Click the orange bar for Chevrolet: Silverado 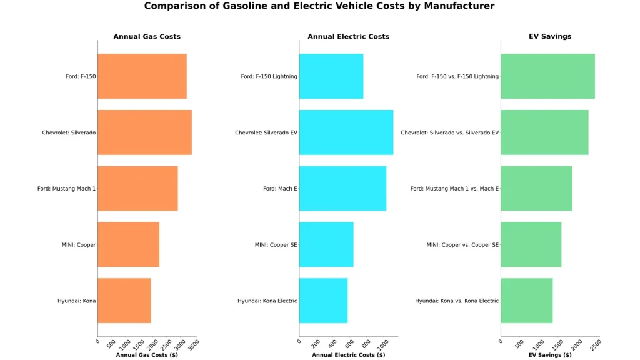(x=144, y=132)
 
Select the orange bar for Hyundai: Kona (x=124, y=301)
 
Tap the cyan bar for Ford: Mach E (x=342, y=188)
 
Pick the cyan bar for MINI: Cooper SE (x=326, y=244)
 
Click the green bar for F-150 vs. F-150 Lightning (x=547, y=76)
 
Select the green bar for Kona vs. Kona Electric (x=526, y=301)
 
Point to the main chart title (x=319, y=6)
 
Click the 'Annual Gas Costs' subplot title (x=147, y=37)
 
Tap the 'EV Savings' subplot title (x=550, y=37)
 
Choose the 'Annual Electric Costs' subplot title (x=348, y=37)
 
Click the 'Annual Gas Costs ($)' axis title (x=147, y=355)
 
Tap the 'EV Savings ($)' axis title (x=550, y=355)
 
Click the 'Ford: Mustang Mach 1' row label (x=66, y=189)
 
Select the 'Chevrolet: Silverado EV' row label (x=266, y=132)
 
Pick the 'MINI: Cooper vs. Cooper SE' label (x=462, y=245)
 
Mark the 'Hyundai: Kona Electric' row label (x=267, y=301)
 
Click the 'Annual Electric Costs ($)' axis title (x=348, y=355)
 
